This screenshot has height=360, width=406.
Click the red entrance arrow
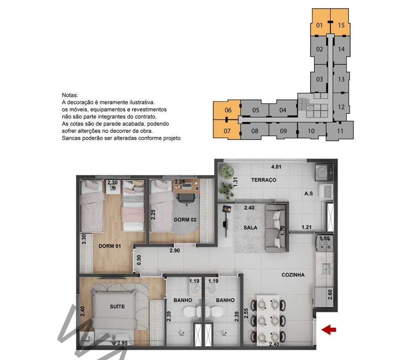coord(329,330)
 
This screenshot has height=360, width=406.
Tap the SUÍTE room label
coord(117,306)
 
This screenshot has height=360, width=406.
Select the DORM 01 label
coord(110,246)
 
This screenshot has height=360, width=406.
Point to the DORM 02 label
coord(185,220)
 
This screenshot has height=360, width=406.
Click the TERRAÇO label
coord(264,180)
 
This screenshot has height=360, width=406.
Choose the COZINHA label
coord(293,275)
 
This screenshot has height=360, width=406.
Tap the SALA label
coord(251,227)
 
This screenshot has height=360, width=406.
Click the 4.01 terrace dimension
coord(276,167)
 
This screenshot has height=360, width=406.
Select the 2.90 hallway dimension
coord(175,250)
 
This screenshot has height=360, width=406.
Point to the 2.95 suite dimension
coord(123,343)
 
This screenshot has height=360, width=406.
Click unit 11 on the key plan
coord(340,131)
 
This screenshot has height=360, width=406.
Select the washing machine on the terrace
coord(324,172)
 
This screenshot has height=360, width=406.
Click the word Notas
coord(70,95)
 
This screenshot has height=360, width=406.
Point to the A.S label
coord(308,193)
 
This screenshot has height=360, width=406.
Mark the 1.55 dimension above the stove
coord(325,239)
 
